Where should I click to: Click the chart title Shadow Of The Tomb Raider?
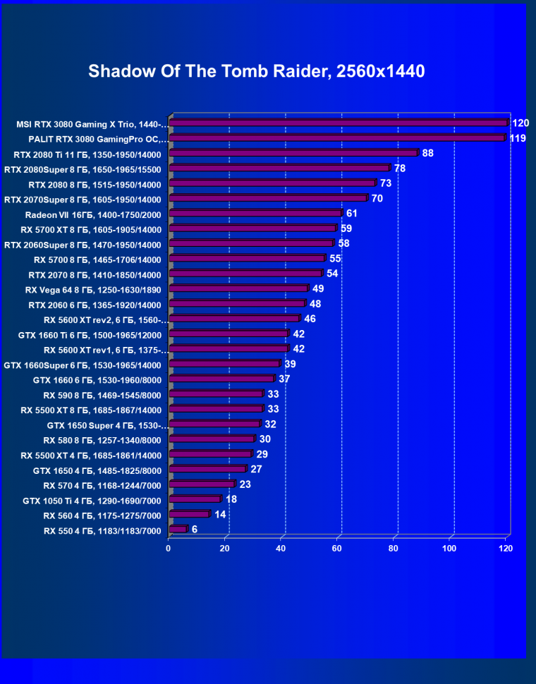click(257, 71)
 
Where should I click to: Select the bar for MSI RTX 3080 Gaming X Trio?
click(339, 123)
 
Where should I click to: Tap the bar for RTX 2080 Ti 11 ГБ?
click(293, 153)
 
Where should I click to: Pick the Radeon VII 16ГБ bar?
click(255, 213)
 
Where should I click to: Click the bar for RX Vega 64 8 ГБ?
click(238, 288)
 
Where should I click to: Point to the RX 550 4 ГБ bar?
click(178, 530)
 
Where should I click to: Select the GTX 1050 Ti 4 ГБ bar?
click(195, 499)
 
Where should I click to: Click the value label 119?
click(517, 138)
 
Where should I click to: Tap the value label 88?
click(427, 153)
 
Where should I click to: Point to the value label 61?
click(351, 213)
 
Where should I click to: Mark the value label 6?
click(194, 530)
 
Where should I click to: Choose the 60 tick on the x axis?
click(337, 548)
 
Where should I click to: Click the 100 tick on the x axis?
click(451, 548)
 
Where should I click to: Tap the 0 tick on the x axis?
click(169, 548)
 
